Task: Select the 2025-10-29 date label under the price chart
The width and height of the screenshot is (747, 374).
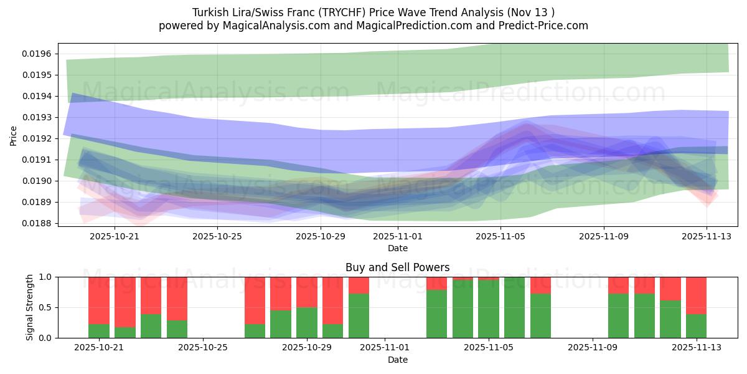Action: pyautogui.click(x=320, y=236)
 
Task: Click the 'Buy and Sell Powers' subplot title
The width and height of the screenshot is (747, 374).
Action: pyautogui.click(x=397, y=267)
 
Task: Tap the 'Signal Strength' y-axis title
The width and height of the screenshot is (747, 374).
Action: pyautogui.click(x=30, y=307)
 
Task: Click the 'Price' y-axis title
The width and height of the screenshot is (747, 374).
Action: pyautogui.click(x=14, y=135)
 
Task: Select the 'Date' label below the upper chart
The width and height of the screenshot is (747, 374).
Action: pyautogui.click(x=397, y=248)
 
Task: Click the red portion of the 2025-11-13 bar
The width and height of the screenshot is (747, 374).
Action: pyautogui.click(x=696, y=295)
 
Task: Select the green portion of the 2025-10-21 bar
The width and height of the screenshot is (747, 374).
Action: pyautogui.click(x=99, y=331)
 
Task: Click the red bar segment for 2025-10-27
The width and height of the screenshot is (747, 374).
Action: pyautogui.click(x=255, y=300)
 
